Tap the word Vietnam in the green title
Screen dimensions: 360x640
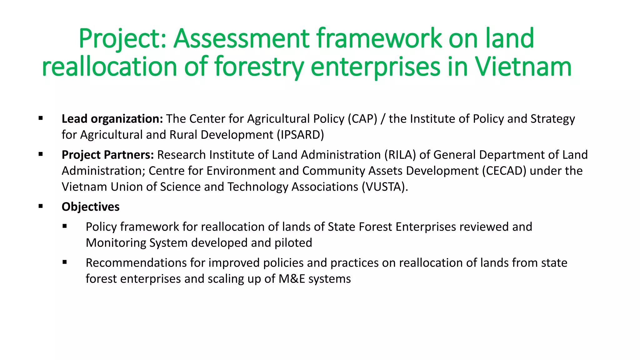(523, 67)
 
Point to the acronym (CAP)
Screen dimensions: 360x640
(362, 119)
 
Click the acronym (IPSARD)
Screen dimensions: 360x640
(300, 135)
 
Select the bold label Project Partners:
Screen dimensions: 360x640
(107, 155)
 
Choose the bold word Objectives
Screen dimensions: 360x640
(90, 207)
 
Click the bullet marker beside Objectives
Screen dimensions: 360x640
(41, 206)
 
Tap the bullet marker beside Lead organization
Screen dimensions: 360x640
(41, 118)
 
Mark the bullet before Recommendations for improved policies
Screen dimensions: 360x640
(65, 262)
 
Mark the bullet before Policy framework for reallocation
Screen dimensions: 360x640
(65, 226)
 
